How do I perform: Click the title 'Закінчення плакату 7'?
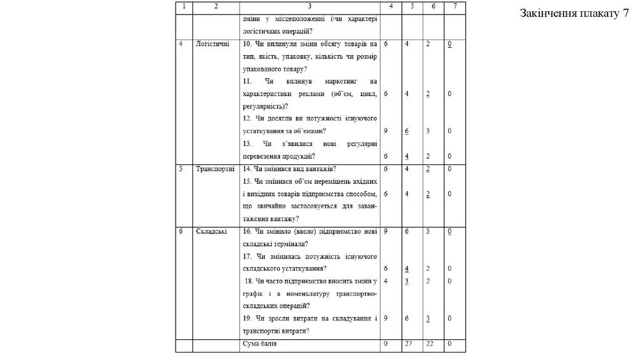click(x=574, y=14)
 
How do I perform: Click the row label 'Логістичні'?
click(x=213, y=44)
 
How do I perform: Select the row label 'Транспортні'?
click(x=215, y=169)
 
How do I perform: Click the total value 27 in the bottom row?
click(x=409, y=344)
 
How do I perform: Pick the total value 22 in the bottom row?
click(x=430, y=344)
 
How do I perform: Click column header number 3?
click(x=309, y=6)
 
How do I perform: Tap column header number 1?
click(x=183, y=6)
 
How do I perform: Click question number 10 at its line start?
click(x=246, y=44)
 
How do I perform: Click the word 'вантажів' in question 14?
click(x=321, y=169)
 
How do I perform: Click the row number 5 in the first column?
click(x=181, y=169)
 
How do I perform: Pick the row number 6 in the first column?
click(x=181, y=231)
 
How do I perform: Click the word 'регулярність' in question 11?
click(x=258, y=106)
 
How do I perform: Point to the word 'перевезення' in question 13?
click(x=261, y=156)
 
